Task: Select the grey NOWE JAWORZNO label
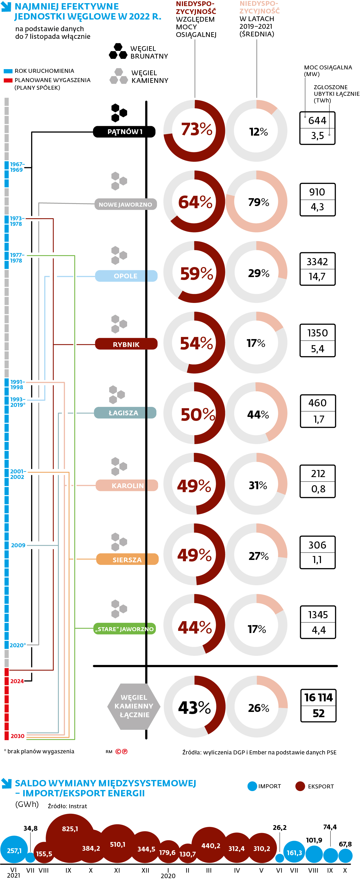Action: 125,204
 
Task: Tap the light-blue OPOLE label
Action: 126,276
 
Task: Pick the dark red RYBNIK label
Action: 126,344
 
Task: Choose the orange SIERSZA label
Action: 127,559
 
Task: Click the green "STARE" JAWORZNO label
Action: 124,629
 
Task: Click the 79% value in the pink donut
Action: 258,202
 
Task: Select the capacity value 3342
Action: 317,262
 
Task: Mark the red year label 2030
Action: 17,736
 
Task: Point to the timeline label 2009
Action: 18,545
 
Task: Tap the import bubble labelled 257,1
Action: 14,850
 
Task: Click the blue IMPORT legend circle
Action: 252,786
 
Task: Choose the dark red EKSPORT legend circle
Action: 300,786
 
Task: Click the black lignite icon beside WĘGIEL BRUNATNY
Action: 118,51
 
